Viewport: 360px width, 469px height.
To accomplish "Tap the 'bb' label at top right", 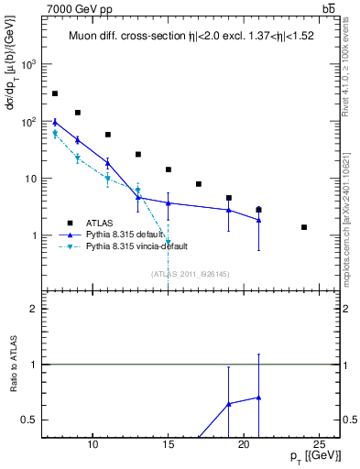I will (x=327, y=8).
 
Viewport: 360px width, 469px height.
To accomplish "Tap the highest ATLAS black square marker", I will (x=55, y=93).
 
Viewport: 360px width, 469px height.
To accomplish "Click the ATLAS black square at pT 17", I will (x=199, y=184).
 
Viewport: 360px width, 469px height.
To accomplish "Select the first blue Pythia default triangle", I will (x=55, y=122).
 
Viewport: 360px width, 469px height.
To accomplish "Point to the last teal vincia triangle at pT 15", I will (x=169, y=243).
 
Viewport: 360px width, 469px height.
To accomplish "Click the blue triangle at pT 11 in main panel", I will (x=108, y=163).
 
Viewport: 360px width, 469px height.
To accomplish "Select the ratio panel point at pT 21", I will (x=259, y=397).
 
